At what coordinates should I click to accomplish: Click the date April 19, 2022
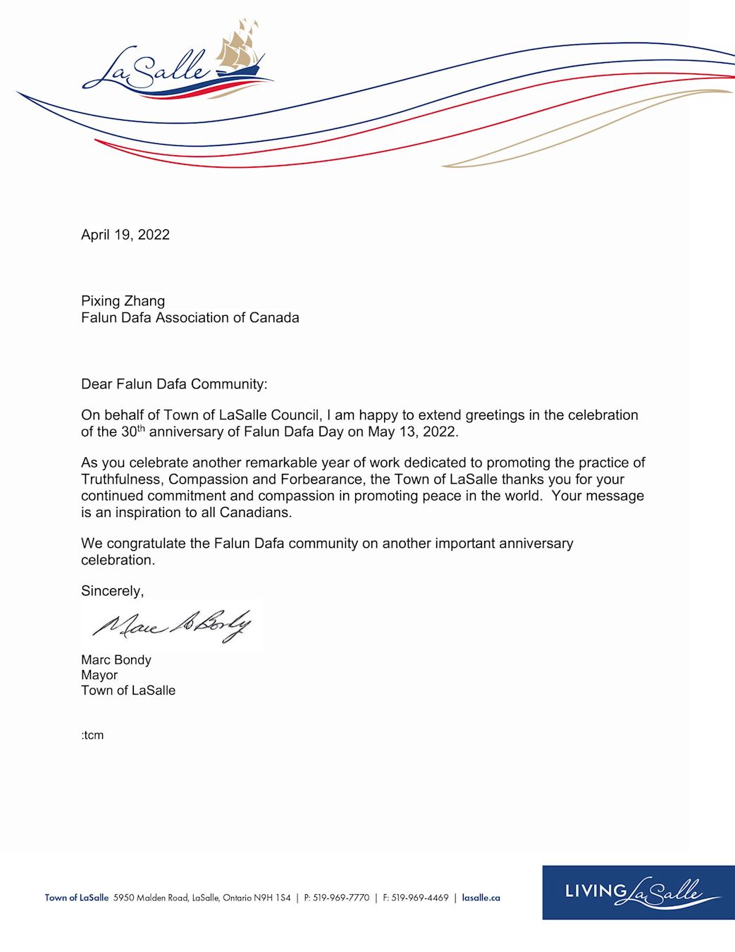tap(125, 235)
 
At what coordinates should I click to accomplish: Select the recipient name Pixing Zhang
tap(123, 301)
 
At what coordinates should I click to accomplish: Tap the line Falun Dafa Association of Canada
tap(190, 318)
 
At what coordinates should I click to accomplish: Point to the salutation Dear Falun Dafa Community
tap(174, 384)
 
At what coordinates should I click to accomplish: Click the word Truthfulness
tap(121, 480)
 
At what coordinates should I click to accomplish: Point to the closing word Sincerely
tap(112, 591)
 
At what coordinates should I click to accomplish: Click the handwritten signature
tap(171, 625)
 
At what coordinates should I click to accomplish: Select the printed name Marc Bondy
tap(116, 660)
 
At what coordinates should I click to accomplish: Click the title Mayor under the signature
tap(99, 676)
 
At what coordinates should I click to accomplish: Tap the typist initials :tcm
tap(92, 735)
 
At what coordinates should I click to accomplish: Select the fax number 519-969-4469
tap(420, 898)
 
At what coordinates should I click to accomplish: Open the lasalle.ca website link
tap(481, 898)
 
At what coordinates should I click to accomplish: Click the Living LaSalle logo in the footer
tap(638, 892)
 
